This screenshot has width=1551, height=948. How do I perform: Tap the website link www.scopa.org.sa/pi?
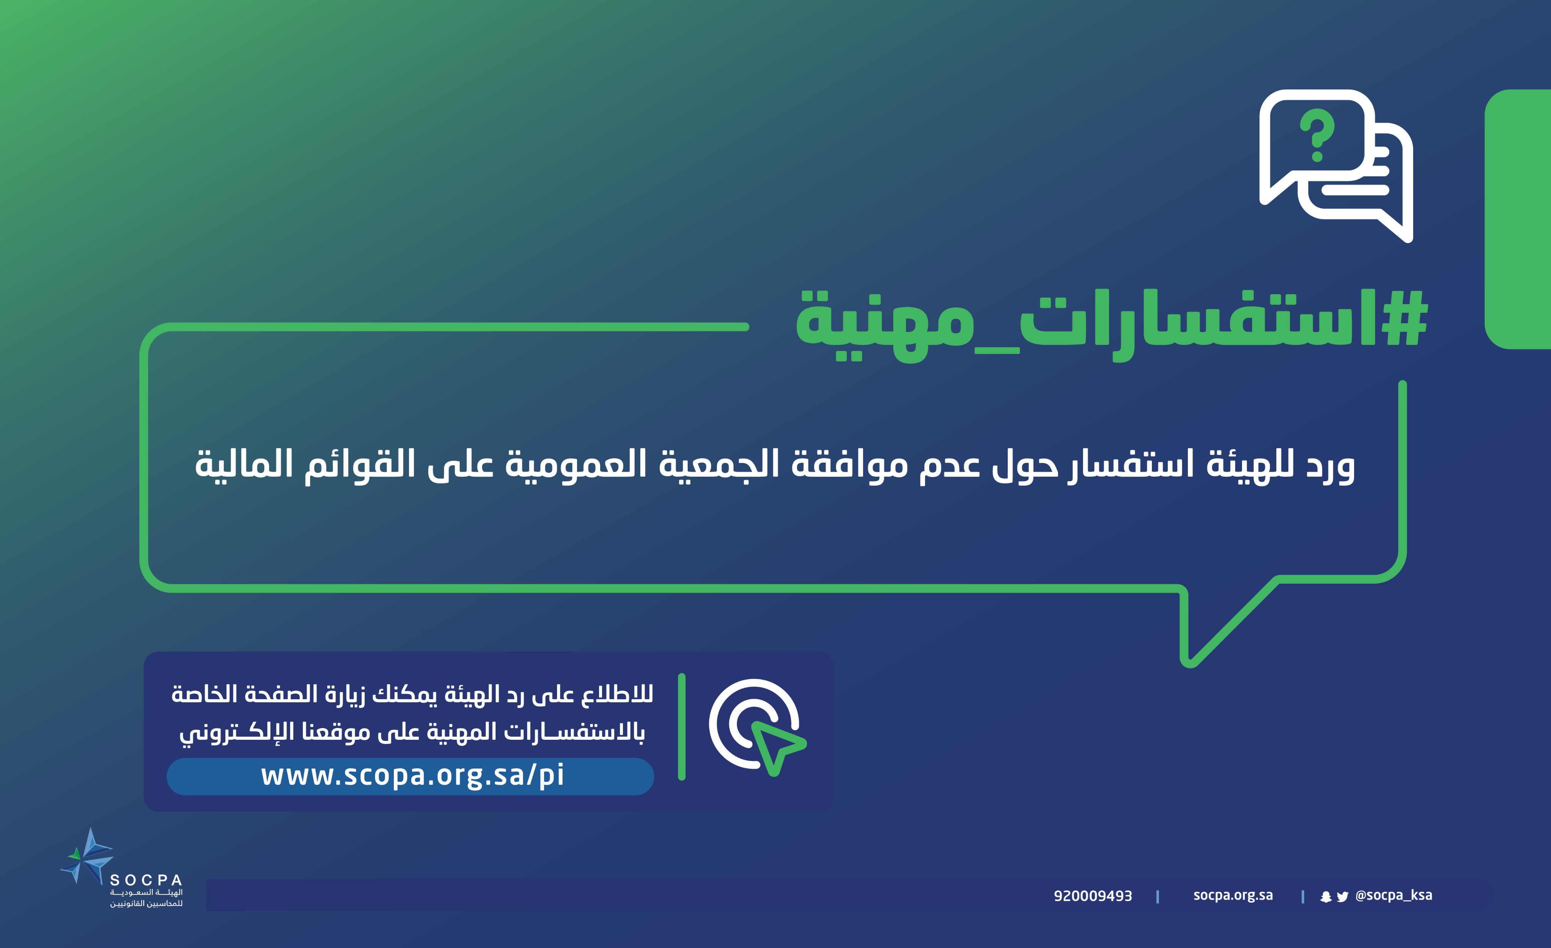tap(412, 775)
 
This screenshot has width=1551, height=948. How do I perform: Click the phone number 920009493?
tap(1093, 896)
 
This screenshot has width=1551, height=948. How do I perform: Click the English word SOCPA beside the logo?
tap(146, 880)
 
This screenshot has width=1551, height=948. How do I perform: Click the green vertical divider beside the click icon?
tap(682, 727)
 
